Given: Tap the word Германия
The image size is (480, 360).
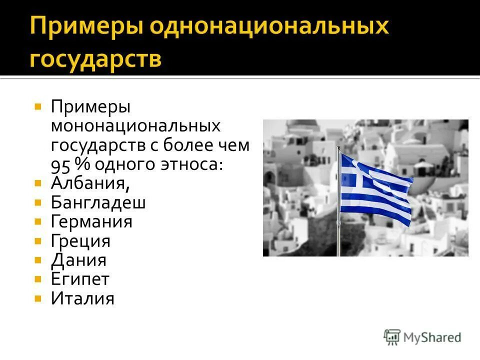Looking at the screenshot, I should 91,221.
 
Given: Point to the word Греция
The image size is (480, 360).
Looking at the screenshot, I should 80,241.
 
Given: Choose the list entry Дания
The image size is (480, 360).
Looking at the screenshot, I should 78,260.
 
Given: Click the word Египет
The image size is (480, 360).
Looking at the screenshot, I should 80,279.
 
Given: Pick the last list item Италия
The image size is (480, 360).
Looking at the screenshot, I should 82,298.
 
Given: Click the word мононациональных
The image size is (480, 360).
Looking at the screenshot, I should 135,126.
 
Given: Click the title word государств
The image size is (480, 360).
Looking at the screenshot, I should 95,59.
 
